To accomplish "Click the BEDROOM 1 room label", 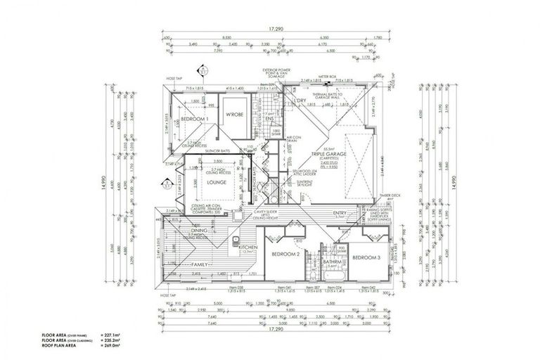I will [x=185, y=120].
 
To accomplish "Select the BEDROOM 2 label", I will [x=287, y=253].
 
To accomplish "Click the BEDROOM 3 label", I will [x=366, y=258].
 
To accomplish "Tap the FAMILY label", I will [x=202, y=264].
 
